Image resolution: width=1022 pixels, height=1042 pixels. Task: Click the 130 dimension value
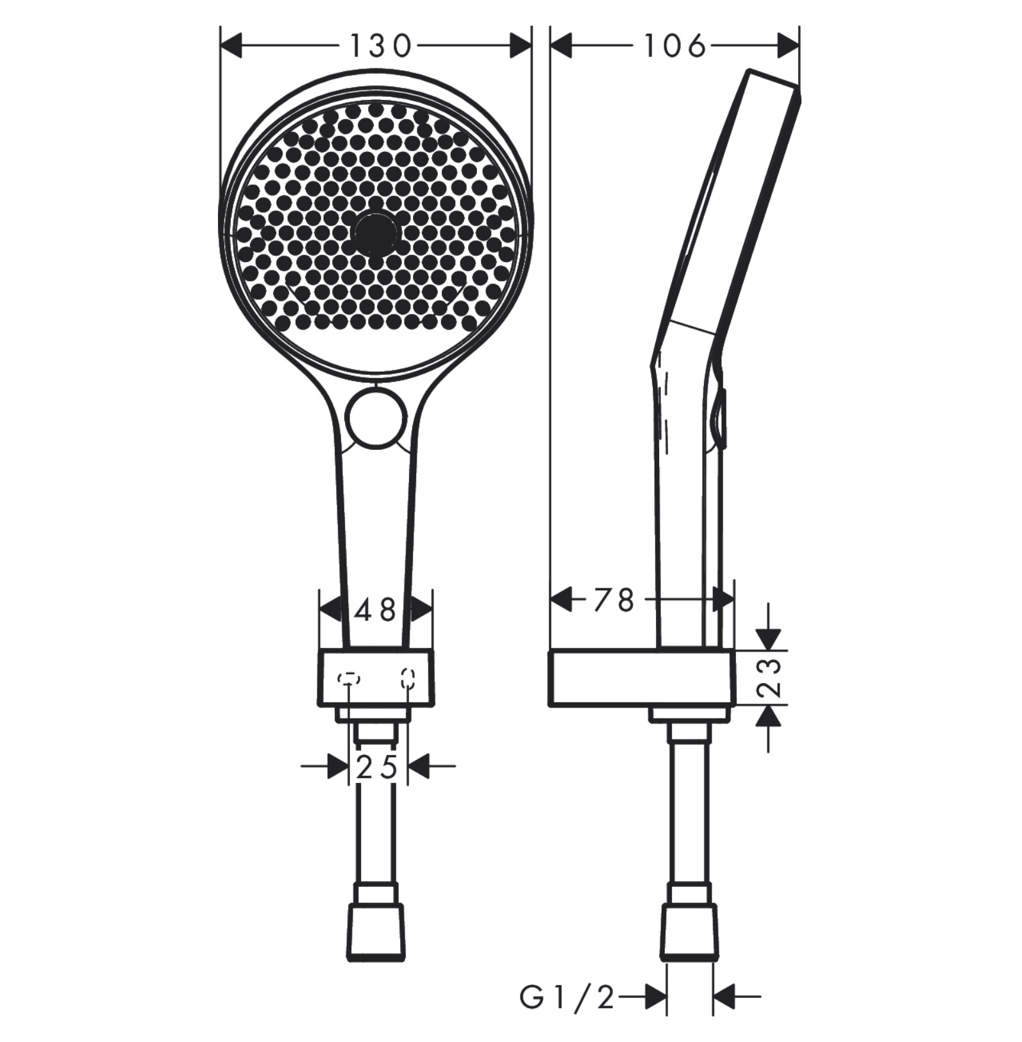tap(380, 46)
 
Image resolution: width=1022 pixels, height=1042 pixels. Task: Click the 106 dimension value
tap(674, 46)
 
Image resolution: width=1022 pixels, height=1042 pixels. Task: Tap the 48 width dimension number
tap(376, 611)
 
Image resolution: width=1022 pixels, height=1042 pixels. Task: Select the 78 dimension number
tap(614, 600)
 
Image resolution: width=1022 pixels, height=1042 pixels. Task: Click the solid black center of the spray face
tap(375, 233)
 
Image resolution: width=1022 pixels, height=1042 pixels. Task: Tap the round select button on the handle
tap(376, 417)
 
